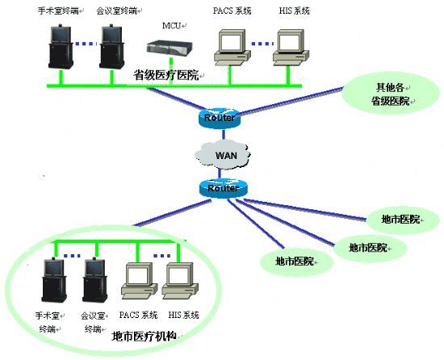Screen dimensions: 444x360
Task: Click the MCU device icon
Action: [170, 48]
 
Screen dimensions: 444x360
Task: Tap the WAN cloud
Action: [223, 154]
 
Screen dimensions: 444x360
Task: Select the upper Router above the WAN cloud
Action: [220, 118]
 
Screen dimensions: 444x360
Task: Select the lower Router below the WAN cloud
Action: [223, 187]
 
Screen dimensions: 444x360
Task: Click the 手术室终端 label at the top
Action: [59, 11]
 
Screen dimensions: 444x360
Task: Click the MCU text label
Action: [171, 26]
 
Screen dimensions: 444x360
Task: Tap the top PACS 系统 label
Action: [232, 10]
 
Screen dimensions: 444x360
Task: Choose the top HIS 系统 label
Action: [295, 10]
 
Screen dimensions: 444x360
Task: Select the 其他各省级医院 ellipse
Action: [391, 94]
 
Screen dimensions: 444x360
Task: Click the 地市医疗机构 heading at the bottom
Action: [145, 337]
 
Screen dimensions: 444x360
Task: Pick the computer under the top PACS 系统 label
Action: [232, 48]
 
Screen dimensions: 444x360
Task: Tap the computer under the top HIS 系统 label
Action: [291, 48]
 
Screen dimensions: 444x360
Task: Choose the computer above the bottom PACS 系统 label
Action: [140, 281]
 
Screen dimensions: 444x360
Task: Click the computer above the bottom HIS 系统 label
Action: [180, 281]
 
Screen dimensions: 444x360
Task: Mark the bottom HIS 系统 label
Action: [183, 315]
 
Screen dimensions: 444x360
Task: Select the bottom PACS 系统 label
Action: [138, 315]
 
